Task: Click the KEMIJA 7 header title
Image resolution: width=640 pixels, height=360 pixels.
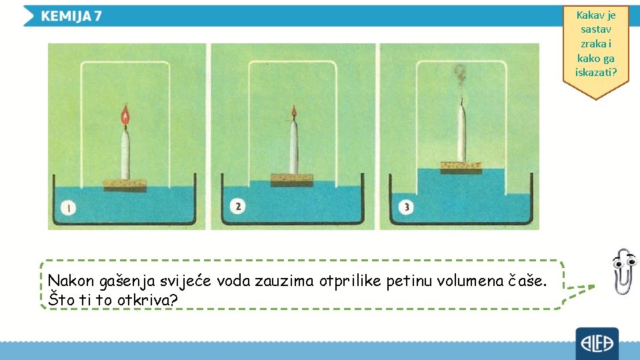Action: tap(71, 16)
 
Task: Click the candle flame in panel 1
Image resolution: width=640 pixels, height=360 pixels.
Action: tap(125, 117)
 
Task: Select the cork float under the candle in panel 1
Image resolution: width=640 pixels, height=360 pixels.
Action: tap(125, 185)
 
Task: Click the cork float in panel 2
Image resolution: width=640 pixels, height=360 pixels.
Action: tap(291, 179)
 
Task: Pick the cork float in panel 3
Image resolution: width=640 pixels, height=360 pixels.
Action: tap(461, 167)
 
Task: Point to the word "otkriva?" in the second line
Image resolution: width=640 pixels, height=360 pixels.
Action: tap(147, 300)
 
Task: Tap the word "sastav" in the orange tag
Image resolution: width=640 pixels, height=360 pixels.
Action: tap(596, 29)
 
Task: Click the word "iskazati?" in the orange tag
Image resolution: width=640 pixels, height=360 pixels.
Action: tap(596, 72)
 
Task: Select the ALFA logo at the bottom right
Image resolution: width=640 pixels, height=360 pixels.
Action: tap(597, 344)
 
